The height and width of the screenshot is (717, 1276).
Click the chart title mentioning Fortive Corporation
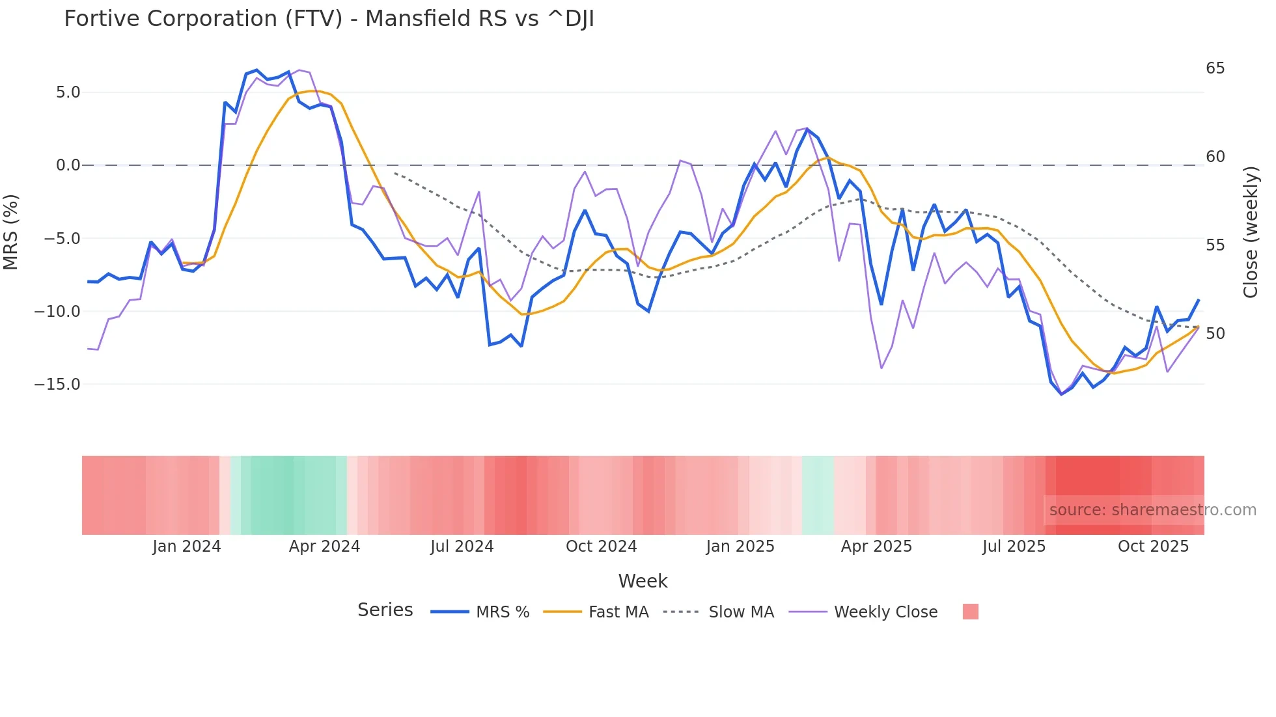point(329,19)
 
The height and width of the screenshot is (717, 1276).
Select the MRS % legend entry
point(502,612)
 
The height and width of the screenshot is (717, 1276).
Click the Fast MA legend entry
point(618,612)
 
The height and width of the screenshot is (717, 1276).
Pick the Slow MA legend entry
point(741,612)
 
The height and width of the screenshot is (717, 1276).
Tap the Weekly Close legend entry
point(885,612)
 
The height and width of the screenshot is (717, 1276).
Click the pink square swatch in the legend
point(970,612)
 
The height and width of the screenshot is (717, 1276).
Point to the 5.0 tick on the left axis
point(68,92)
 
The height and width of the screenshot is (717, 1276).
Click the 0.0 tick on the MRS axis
point(68,165)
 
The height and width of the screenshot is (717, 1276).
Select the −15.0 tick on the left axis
point(57,385)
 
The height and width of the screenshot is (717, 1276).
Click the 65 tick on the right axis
point(1215,68)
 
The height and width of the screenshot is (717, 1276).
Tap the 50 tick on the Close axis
point(1215,334)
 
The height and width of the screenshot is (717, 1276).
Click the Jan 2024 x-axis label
point(187,547)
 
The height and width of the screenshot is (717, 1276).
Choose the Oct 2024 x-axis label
point(601,547)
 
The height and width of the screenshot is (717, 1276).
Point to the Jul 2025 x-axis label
point(1014,547)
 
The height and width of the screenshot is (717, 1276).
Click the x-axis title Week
point(643,581)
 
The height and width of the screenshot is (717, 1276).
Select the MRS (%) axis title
point(11,232)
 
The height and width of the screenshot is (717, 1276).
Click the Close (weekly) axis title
point(1251,232)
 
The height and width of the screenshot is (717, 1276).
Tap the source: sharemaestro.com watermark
point(1152,510)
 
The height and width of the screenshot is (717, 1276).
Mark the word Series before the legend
point(385,610)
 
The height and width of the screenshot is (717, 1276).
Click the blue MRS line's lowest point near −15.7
point(1061,394)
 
